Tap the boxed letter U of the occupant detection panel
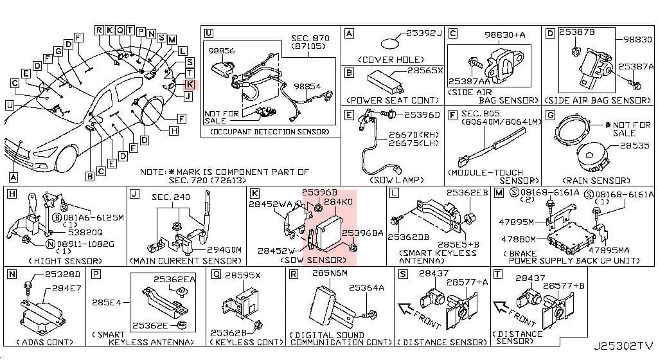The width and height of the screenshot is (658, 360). (x=208, y=33)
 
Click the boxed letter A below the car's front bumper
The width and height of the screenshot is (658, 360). (x=14, y=176)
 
